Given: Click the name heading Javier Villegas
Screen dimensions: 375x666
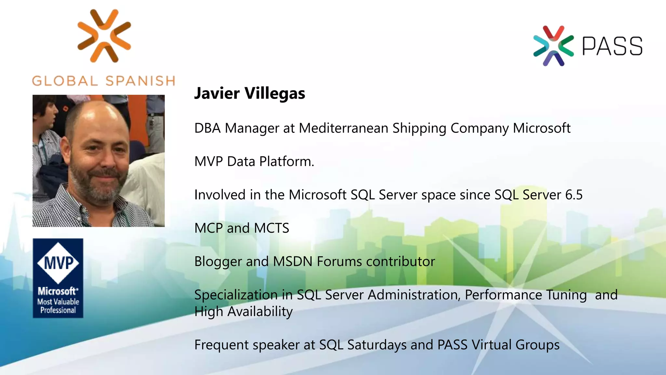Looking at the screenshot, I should click(x=249, y=93).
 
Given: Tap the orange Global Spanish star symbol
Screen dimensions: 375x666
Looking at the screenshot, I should click(x=104, y=35).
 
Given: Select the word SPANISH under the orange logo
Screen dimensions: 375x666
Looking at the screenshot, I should click(x=140, y=81).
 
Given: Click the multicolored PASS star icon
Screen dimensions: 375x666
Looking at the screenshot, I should click(x=553, y=46).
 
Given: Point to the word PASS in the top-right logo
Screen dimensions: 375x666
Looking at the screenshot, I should click(x=612, y=46).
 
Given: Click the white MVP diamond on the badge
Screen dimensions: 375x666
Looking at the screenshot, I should click(x=58, y=263).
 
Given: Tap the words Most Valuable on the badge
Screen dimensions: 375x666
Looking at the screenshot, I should click(x=58, y=302).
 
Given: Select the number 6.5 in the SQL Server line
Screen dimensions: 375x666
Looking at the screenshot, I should click(x=574, y=195).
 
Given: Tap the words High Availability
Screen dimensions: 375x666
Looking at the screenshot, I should click(x=243, y=312).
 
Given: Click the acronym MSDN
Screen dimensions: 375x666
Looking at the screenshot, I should click(x=293, y=261).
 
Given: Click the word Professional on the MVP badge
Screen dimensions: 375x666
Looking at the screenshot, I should click(x=58, y=310).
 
